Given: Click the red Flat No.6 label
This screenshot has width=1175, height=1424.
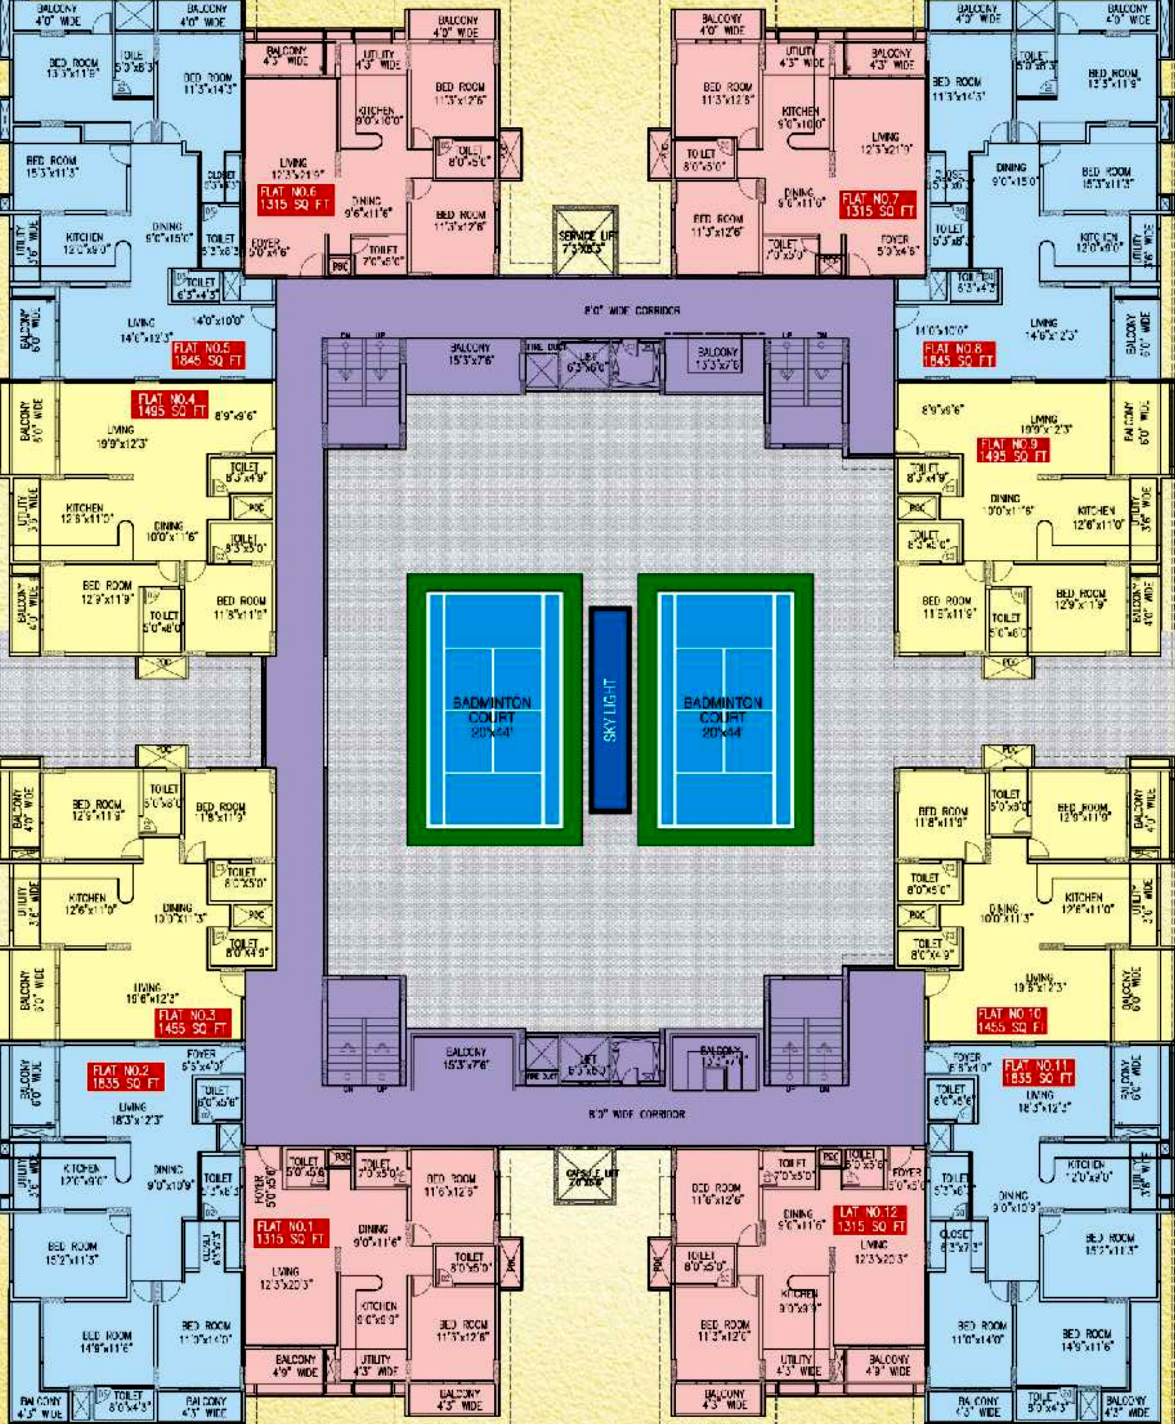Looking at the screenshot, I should [x=296, y=199].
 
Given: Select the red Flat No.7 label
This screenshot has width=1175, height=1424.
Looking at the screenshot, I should [x=878, y=205].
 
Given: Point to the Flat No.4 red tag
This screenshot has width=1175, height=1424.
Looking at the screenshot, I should [x=169, y=405].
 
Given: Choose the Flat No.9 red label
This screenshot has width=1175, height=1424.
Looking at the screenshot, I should [x=1013, y=450].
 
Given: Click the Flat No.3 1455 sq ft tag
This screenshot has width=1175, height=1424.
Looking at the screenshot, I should [x=192, y=1022].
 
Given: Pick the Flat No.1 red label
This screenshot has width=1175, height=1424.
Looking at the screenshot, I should [x=292, y=1232].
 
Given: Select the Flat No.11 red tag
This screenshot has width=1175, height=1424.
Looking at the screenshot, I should [x=1038, y=1071].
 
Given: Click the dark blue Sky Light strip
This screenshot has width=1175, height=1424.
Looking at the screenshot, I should [x=610, y=710].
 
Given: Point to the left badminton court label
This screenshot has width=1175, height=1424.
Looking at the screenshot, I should [x=492, y=717].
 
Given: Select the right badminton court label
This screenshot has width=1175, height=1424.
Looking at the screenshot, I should [x=723, y=717].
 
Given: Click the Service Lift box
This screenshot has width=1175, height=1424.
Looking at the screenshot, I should [x=586, y=241].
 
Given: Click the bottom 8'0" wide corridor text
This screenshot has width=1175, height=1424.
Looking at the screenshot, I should [x=636, y=1114].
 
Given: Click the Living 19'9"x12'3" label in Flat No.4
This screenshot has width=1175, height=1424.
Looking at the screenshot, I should [x=123, y=437].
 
